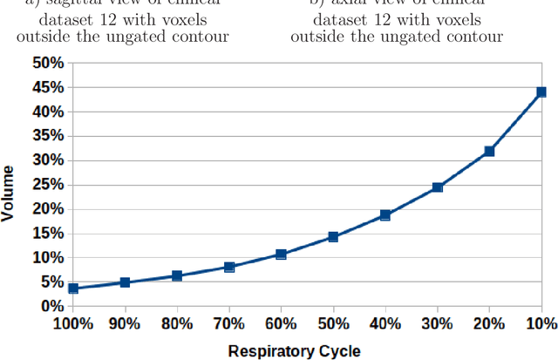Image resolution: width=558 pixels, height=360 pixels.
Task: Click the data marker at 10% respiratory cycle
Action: pyautogui.click(x=541, y=92)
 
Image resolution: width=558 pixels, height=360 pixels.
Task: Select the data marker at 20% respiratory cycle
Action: pyautogui.click(x=489, y=151)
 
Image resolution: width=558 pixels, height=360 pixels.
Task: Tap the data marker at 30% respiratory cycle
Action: pyautogui.click(x=438, y=187)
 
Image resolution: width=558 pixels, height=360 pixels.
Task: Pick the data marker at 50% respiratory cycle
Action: pyautogui.click(x=333, y=237)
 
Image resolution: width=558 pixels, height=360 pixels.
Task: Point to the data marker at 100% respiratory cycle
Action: pyautogui.click(x=73, y=288)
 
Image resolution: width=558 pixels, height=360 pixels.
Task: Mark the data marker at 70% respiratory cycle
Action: pyautogui.click(x=229, y=267)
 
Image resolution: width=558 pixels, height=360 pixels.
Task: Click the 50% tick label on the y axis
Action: pyautogui.click(x=48, y=64)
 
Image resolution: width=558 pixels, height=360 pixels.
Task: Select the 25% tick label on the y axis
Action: pyautogui.click(x=48, y=185)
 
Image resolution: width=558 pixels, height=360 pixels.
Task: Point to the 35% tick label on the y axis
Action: pyautogui.click(x=48, y=136)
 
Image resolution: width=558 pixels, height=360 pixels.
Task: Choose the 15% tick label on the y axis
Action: pyautogui.click(x=48, y=233)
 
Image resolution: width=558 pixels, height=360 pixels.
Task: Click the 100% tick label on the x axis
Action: pyautogui.click(x=73, y=324)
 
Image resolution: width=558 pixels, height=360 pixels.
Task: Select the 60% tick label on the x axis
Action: pyautogui.click(x=282, y=324)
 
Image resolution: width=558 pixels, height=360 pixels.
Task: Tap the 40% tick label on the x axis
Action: pyautogui.click(x=385, y=324)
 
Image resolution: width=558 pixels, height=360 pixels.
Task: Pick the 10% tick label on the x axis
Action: pyautogui.click(x=541, y=324)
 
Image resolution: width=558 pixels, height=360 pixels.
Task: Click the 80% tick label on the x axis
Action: pyautogui.click(x=177, y=324)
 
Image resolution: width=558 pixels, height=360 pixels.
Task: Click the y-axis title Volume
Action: pyautogui.click(x=9, y=193)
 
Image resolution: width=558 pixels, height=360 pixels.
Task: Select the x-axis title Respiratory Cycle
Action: pyautogui.click(x=294, y=351)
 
